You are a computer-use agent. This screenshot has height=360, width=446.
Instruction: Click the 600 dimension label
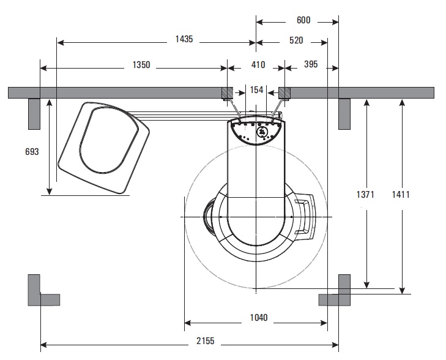coord(303,20)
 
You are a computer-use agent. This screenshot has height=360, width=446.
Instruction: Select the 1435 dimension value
coord(184,39)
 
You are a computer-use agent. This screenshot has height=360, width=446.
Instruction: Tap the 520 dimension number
coord(296,40)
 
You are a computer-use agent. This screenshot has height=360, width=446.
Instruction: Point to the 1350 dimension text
coord(141,65)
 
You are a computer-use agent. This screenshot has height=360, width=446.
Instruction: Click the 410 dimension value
coord(258,65)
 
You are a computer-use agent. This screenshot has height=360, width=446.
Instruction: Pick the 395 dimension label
coord(311,64)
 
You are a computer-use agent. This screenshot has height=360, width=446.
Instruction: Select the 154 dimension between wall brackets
coord(256,90)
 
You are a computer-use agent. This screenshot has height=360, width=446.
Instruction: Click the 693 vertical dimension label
coord(32,152)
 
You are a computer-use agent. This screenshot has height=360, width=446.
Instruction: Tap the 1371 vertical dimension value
coord(365,195)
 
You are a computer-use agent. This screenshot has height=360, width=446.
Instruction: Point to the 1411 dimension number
coord(401,195)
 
